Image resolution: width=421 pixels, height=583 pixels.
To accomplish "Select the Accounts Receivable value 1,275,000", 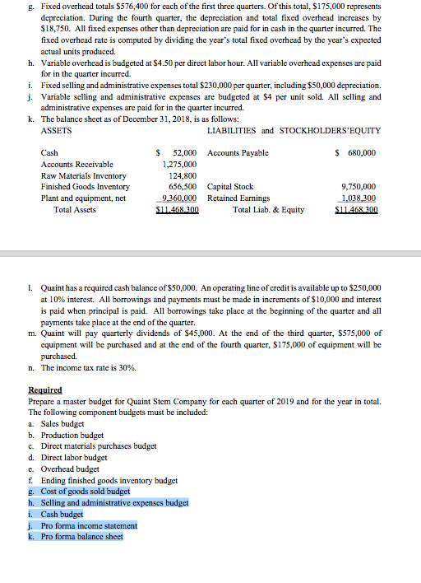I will [x=179, y=164].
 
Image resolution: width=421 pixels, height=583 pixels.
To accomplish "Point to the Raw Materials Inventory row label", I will [x=83, y=175].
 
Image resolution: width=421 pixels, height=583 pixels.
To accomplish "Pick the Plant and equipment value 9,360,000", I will [x=179, y=198].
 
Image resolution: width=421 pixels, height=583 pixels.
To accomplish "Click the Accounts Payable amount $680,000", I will [x=356, y=153].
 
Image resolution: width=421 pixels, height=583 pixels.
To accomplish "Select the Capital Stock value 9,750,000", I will [x=358, y=187].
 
